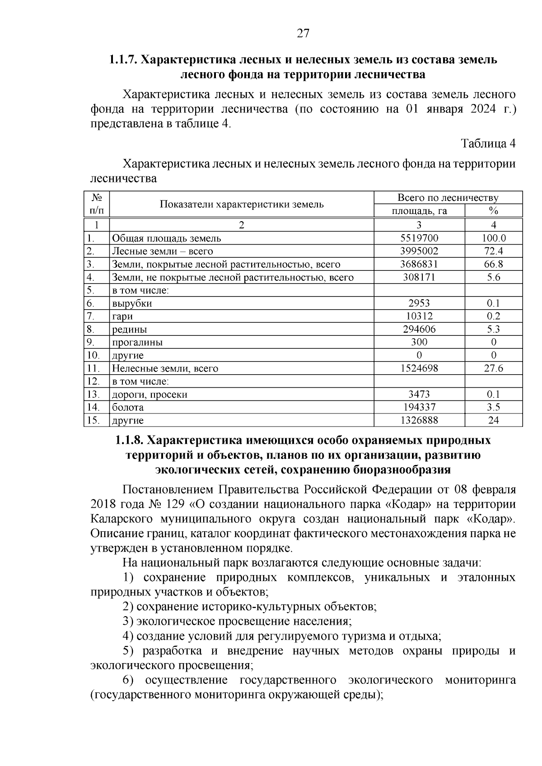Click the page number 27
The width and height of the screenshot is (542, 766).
(x=303, y=33)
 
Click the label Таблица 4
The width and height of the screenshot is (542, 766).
(x=488, y=144)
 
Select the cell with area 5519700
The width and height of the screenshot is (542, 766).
(x=419, y=238)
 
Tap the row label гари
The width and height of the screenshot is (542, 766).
(x=122, y=316)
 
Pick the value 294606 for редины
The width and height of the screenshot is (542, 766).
(x=419, y=329)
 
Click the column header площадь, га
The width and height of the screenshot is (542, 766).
(x=419, y=211)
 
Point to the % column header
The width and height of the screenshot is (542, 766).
(x=493, y=211)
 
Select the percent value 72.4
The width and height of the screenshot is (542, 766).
(x=493, y=251)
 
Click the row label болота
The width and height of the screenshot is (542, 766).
(x=128, y=407)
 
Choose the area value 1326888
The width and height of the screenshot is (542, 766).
(x=419, y=420)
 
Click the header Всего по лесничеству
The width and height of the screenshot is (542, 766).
(x=448, y=198)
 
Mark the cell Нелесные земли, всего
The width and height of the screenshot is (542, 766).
(x=165, y=368)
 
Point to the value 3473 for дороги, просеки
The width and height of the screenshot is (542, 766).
(x=419, y=395)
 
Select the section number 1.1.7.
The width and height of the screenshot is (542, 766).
(x=123, y=60)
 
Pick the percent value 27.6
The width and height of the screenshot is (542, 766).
(x=493, y=368)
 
